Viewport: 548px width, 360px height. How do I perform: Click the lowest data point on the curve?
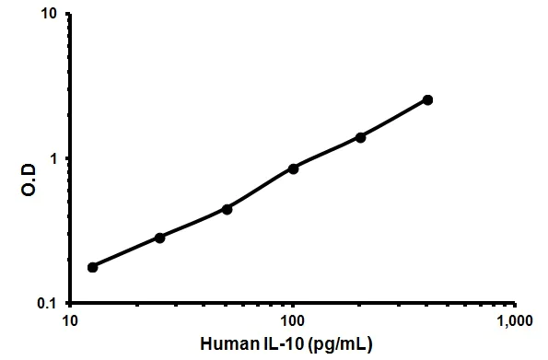click(92, 267)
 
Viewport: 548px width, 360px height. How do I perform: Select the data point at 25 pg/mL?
click(160, 238)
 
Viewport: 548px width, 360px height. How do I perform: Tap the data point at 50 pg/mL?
click(227, 209)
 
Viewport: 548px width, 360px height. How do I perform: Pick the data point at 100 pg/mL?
click(293, 168)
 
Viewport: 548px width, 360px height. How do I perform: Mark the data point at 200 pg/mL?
click(360, 137)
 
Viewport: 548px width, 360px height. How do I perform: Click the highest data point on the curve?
click(427, 99)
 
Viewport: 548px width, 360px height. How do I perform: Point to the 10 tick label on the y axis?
click(51, 16)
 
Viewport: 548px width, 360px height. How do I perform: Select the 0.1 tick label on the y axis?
click(49, 303)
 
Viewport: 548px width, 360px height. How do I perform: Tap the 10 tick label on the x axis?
click(69, 322)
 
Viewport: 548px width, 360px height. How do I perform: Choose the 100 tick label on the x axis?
click(292, 322)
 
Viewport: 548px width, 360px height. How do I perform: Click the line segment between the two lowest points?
click(126, 252)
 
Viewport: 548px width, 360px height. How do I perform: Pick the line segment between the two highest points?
click(394, 119)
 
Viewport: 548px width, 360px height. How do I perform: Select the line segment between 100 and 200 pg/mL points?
click(327, 153)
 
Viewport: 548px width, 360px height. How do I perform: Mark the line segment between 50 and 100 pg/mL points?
click(260, 189)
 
